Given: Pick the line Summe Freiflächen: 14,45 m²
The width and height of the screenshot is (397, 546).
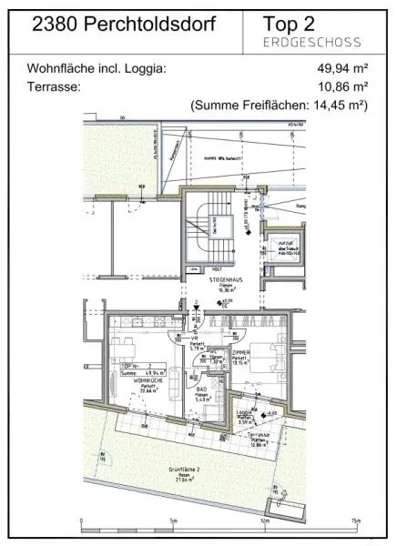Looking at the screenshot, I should coord(279,106).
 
